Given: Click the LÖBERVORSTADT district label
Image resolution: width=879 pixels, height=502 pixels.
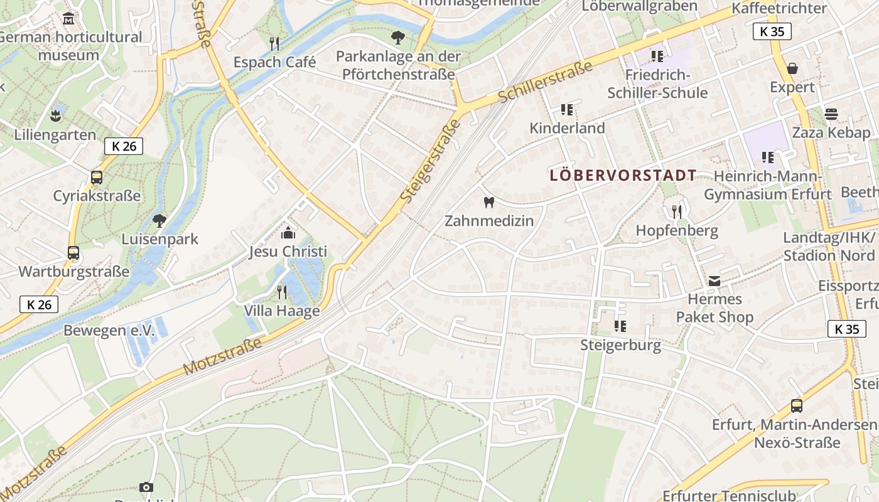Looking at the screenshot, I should tap(623, 175).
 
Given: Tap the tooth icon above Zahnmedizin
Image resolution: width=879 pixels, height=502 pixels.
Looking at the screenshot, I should tap(489, 203).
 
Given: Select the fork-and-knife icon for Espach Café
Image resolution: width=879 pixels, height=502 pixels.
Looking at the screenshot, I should tap(274, 43).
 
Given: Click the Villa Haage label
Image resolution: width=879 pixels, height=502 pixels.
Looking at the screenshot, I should tap(281, 311).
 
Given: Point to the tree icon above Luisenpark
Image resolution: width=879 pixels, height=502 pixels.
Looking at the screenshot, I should tap(159, 220).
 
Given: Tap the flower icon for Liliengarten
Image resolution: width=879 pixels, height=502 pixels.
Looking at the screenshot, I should tap(56, 115).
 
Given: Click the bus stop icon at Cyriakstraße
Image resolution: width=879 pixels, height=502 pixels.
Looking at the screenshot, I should tap(96, 177).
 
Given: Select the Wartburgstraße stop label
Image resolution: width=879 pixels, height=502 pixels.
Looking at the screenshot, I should tap(74, 272).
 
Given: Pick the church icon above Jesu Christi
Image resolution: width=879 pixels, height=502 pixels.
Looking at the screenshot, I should tap(288, 233).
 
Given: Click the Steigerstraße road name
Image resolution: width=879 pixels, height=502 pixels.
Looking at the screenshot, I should tap(430, 161).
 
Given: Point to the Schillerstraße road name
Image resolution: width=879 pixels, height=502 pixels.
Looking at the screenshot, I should tap(546, 82).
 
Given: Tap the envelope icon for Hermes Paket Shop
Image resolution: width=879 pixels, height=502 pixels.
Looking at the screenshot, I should tap(715, 280).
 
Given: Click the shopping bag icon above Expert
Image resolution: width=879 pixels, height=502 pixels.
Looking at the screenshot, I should tap(792, 68).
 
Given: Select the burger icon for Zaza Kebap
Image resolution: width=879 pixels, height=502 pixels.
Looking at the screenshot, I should tap(831, 114).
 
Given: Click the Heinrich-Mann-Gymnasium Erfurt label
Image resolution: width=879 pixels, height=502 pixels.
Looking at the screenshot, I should tap(767, 185).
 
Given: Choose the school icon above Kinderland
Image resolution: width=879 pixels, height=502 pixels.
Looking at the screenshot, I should tap(567, 110).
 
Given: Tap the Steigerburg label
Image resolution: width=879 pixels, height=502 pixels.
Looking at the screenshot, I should tap(620, 345).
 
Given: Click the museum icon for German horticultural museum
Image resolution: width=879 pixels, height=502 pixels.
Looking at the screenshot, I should tap(68, 19).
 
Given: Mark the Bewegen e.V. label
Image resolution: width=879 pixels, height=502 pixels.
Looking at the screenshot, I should tap(104, 330).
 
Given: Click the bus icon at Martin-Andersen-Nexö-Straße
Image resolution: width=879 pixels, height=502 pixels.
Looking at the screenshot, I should tap(796, 406).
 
